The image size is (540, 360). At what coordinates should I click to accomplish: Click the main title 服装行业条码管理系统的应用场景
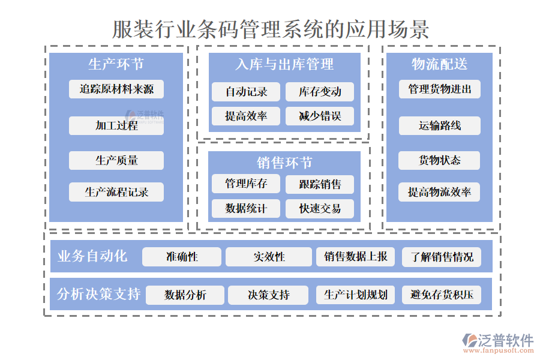[271, 29]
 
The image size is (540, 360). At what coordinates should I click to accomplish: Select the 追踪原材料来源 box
[116, 89]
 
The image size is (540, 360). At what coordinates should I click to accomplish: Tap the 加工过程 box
[116, 125]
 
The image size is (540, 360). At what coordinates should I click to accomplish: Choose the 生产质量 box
[116, 160]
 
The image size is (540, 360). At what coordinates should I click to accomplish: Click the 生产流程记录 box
[116, 192]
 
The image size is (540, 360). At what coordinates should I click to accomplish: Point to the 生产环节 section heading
[116, 64]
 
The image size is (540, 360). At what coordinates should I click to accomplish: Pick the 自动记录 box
[246, 92]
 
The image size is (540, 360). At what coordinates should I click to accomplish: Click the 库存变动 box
[320, 92]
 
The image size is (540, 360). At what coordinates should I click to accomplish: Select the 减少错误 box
[320, 116]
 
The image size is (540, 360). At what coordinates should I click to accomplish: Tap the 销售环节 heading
[284, 163]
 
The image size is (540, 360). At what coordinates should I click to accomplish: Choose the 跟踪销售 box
[320, 184]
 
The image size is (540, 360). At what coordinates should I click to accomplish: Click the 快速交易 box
[320, 209]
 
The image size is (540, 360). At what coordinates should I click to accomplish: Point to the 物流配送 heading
[439, 64]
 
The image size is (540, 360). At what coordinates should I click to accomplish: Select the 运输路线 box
[440, 125]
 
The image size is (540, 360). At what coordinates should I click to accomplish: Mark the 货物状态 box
[440, 160]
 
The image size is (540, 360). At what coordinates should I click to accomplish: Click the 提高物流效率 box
[440, 192]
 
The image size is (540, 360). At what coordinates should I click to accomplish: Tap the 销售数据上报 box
[356, 257]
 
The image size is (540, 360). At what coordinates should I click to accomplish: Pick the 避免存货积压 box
[442, 295]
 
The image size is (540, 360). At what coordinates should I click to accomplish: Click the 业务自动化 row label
[92, 256]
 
